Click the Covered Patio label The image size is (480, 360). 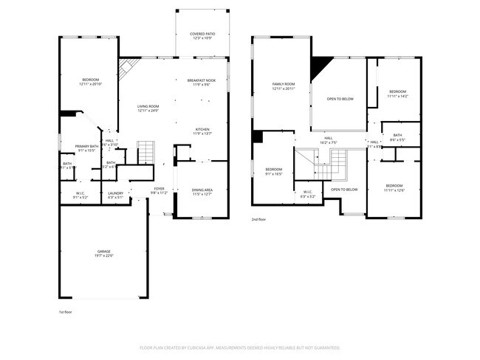pos(202,35)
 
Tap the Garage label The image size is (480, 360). pos(103,254)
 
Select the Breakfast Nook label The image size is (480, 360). pos(202,83)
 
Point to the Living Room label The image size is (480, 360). pos(148,108)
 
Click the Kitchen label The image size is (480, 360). pos(202,131)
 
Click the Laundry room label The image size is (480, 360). pos(115,195)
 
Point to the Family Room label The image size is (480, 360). pos(284,86)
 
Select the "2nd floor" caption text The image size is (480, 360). pos(258,220)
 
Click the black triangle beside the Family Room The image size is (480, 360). pos(319,68)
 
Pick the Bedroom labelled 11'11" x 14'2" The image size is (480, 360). pos(398,92)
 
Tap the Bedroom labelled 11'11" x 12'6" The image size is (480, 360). pos(394,187)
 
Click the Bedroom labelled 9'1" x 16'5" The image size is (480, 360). pos(274,172)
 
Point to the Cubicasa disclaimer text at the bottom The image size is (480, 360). pos(240,347)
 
